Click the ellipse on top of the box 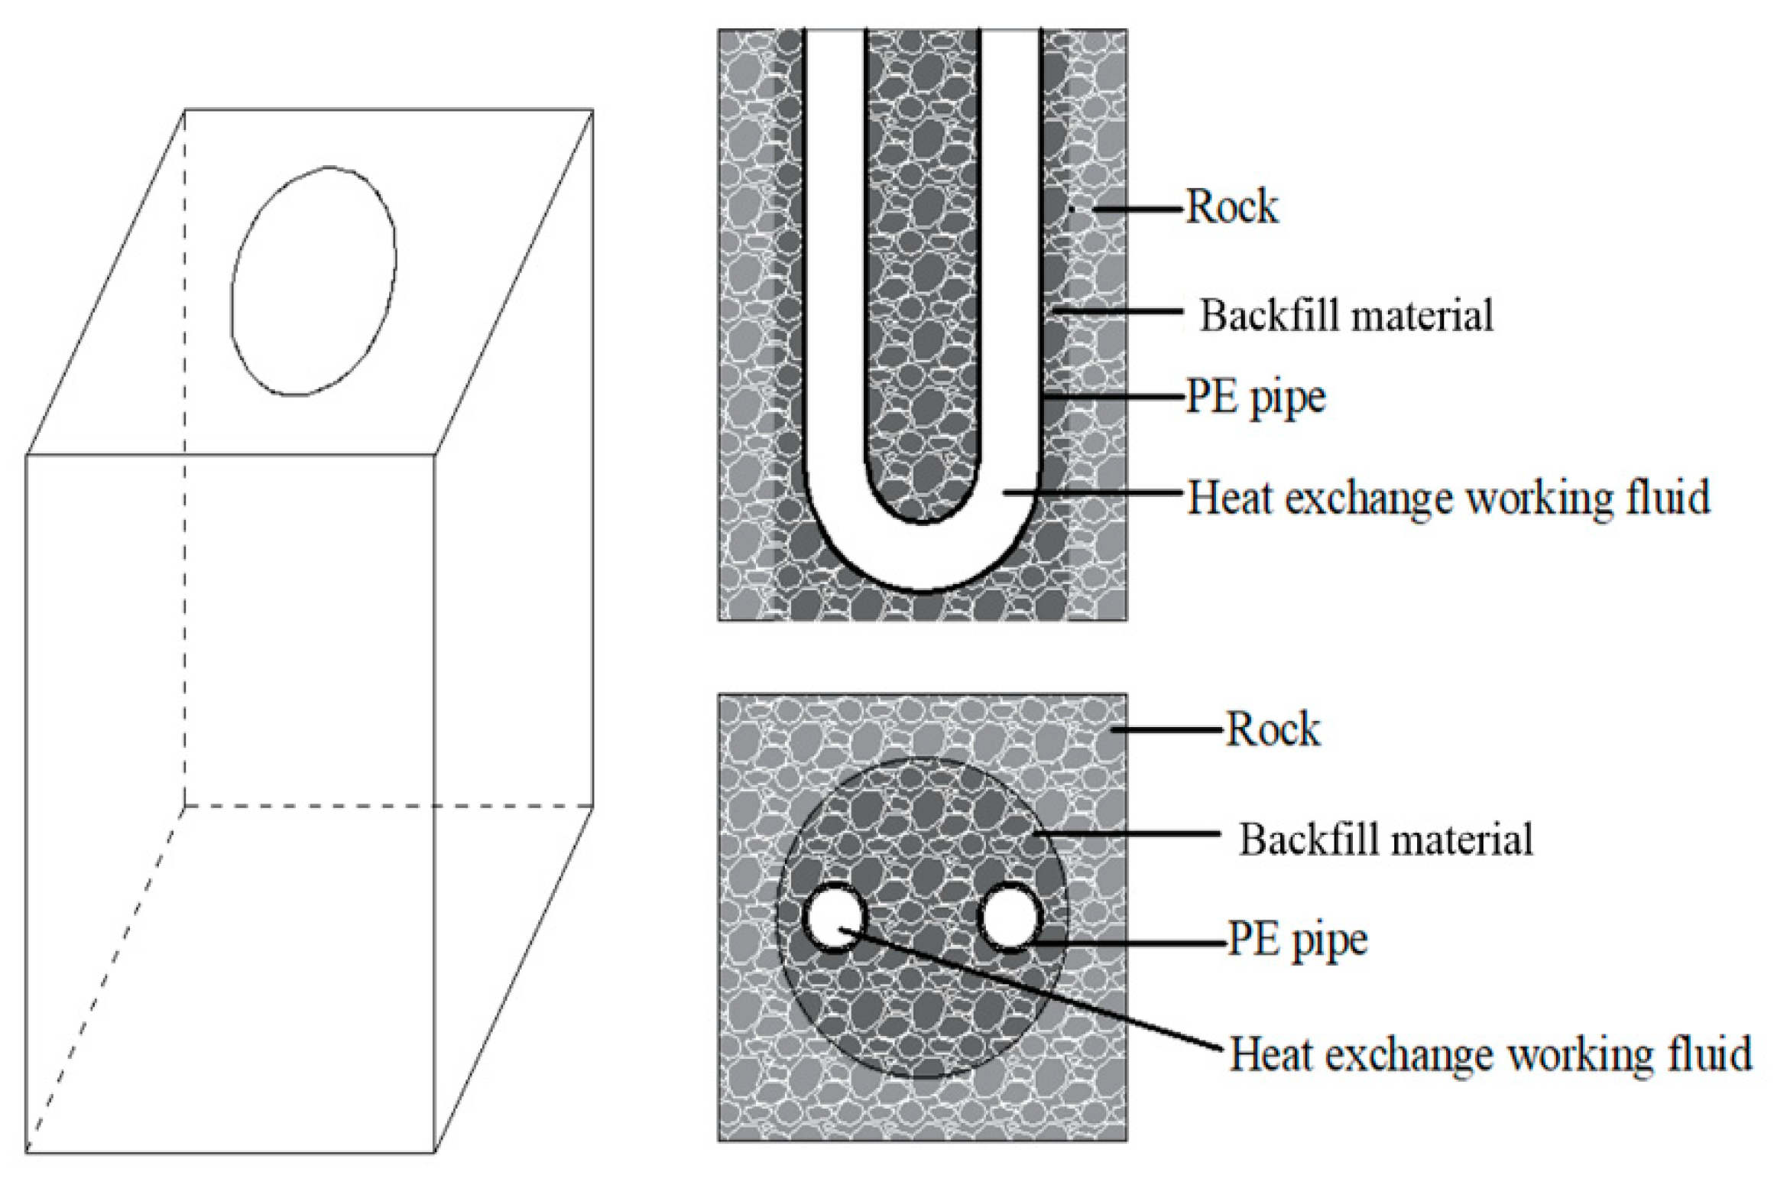314,281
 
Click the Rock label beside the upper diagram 1231,207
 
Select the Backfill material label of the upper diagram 1346,314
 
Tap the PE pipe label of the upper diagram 1255,397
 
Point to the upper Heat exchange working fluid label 1448,498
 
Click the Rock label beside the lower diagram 1273,729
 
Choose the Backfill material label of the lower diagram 1386,839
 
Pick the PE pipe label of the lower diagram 1297,940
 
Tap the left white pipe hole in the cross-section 835,918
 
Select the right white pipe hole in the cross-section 1010,918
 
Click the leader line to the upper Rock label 1139,208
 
